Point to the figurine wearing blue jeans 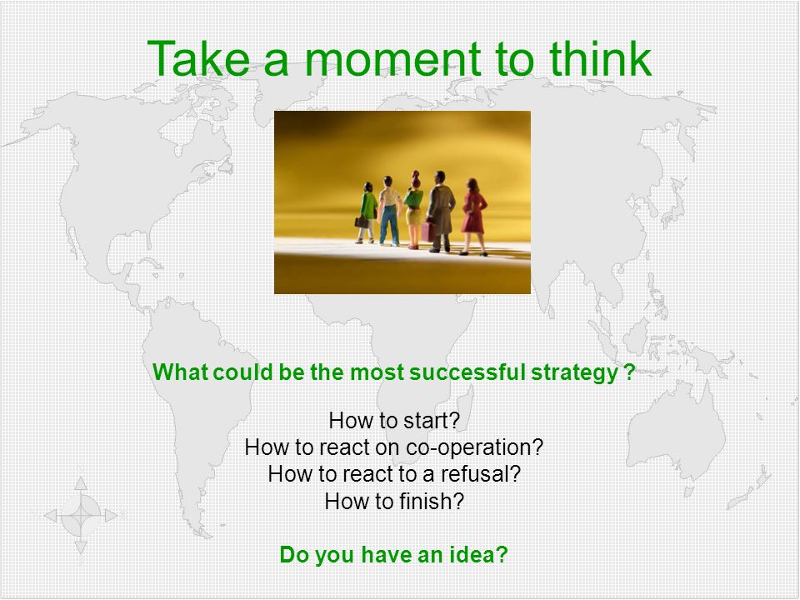[x=389, y=210]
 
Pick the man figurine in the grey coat [x=441, y=211]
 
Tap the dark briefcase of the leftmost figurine [x=361, y=222]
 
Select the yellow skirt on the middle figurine [x=414, y=216]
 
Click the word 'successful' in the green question [x=467, y=372]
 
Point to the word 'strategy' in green [x=574, y=373]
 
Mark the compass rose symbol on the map [x=81, y=515]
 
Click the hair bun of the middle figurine [x=416, y=175]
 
